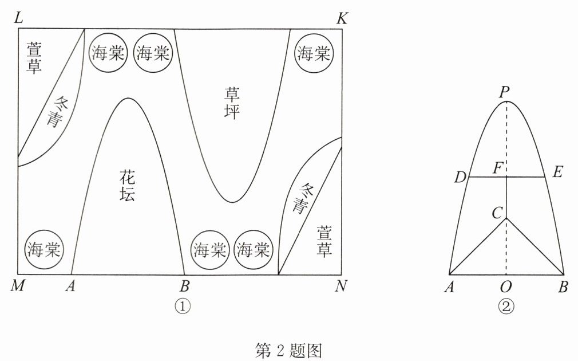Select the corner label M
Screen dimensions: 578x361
coord(17,286)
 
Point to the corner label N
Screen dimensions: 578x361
coord(342,286)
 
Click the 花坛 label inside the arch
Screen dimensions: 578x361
coord(128,185)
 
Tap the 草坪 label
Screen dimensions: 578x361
coord(232,101)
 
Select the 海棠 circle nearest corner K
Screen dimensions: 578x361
coord(313,54)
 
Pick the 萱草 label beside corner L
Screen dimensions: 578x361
coord(34,58)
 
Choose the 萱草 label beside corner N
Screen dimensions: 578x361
coord(324,241)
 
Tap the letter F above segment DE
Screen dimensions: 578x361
coord(498,169)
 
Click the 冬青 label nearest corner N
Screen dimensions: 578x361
coord(300,198)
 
